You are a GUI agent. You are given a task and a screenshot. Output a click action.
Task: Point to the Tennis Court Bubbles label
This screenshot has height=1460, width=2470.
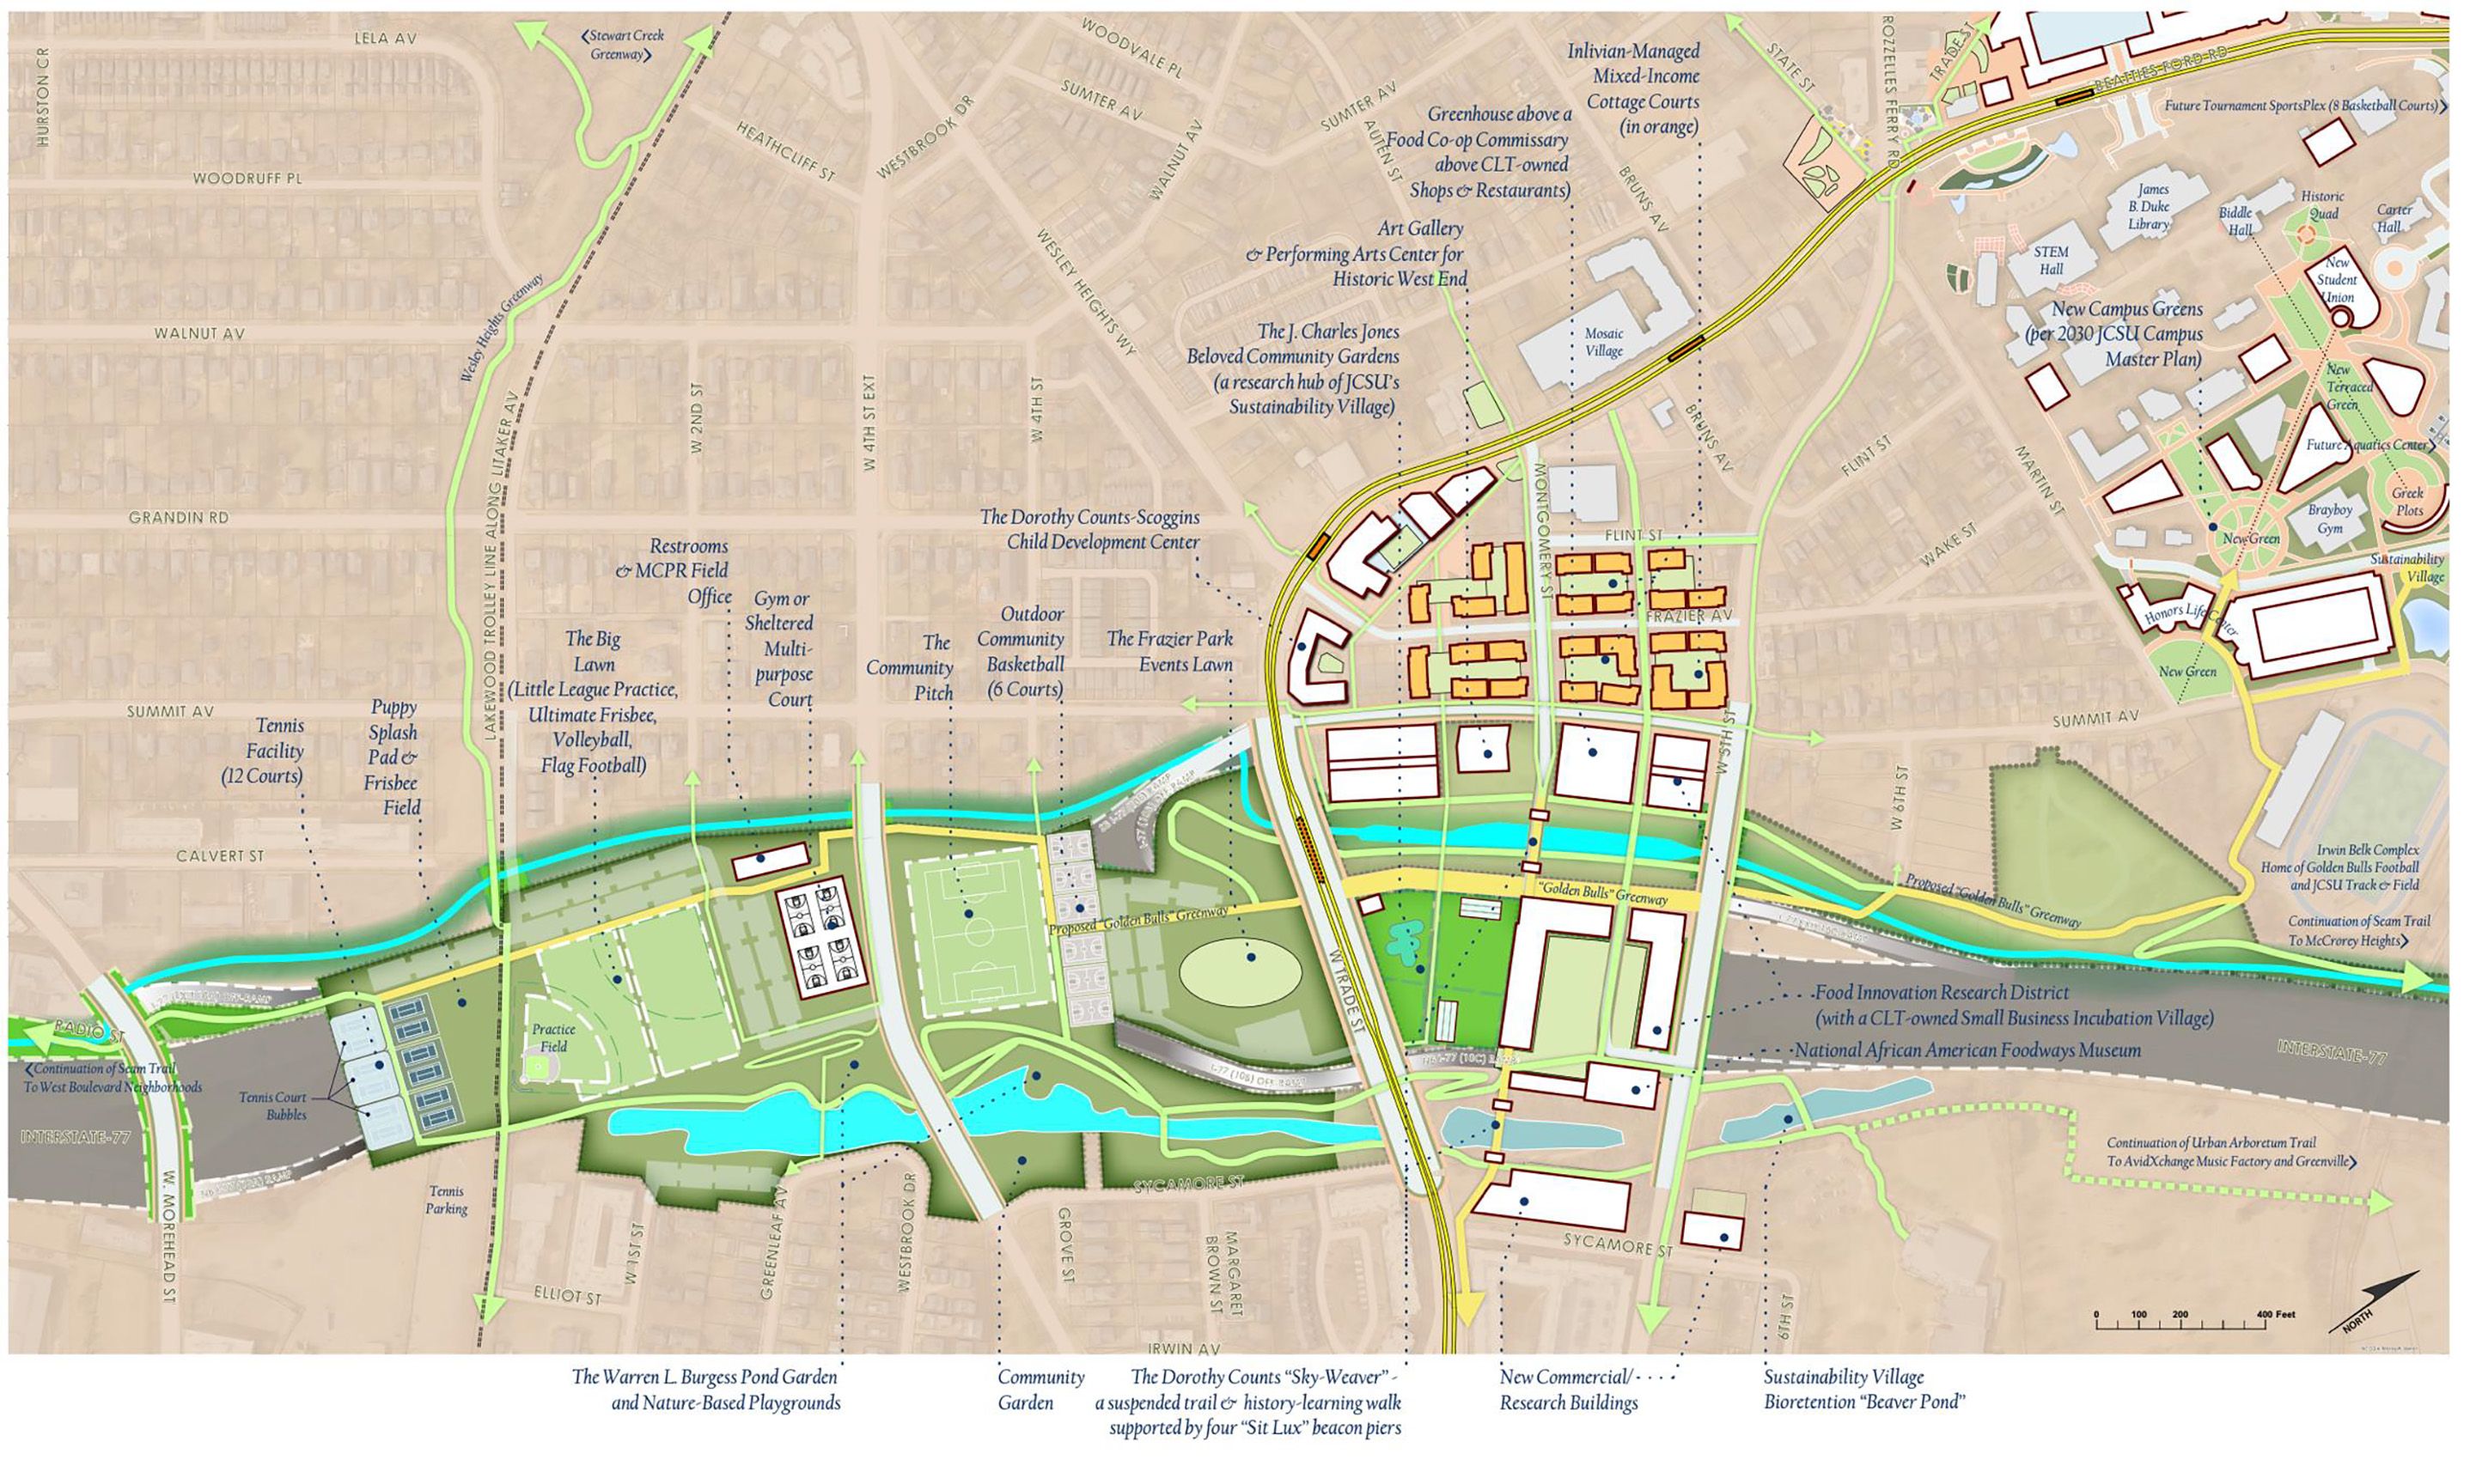click(x=271, y=1106)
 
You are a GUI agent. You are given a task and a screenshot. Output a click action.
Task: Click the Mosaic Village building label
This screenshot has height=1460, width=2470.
click(x=1603, y=343)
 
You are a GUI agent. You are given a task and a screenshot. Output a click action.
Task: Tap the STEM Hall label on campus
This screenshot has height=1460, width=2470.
click(x=2051, y=261)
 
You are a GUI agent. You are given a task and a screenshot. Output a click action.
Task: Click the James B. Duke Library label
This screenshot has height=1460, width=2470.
click(x=2147, y=207)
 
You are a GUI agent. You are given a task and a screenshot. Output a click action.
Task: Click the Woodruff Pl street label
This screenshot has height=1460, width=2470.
click(x=247, y=179)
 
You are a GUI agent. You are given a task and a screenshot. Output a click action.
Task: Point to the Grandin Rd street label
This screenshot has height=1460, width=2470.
click(x=179, y=518)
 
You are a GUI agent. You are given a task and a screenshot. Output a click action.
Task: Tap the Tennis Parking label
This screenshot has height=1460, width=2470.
click(x=447, y=1201)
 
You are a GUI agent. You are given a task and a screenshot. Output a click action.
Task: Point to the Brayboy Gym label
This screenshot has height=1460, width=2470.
click(x=2330, y=520)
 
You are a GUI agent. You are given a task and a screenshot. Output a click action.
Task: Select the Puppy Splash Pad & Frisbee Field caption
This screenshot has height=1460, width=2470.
click(x=393, y=757)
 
